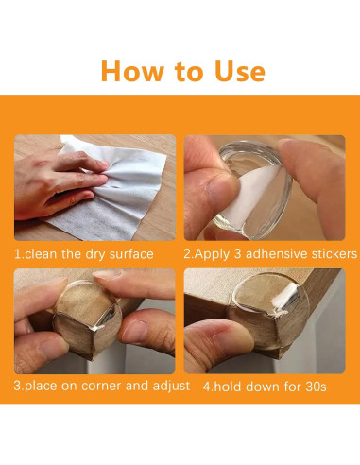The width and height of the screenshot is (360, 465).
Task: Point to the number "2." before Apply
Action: pyautogui.click(x=188, y=254)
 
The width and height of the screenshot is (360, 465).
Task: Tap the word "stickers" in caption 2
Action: pyautogui.click(x=331, y=254)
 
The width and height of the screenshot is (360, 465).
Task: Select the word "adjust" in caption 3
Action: pyautogui.click(x=169, y=387)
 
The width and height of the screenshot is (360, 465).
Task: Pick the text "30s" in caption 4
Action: pyautogui.click(x=312, y=387)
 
